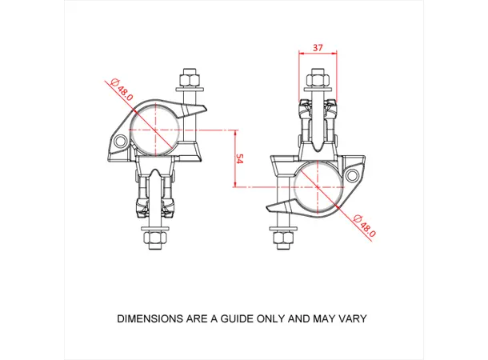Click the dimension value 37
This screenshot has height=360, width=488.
click(318, 48)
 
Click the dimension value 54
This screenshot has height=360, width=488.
click(238, 158)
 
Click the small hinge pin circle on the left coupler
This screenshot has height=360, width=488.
click(121, 142)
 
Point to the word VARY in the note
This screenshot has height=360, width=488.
click(352, 318)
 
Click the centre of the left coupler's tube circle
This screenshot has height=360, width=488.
click(154, 130)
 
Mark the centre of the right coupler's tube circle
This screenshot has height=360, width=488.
click(317, 186)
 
